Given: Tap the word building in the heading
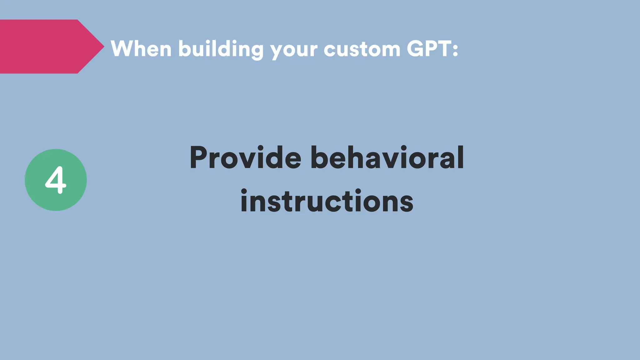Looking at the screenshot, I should click(221, 49).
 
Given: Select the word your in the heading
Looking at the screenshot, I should click(294, 50).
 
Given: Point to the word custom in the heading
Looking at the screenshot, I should click(362, 49).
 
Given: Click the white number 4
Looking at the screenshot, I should click(56, 180).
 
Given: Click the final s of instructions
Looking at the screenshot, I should click(407, 202).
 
